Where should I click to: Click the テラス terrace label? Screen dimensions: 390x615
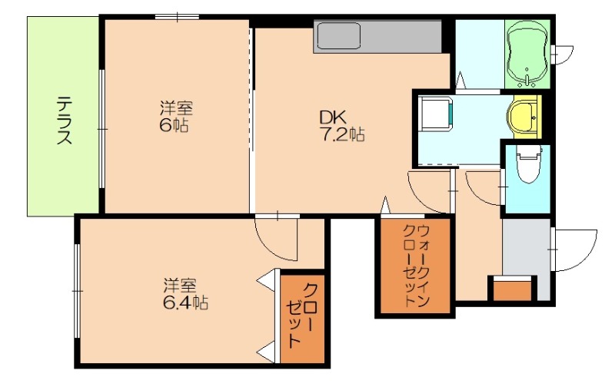(x=65, y=120)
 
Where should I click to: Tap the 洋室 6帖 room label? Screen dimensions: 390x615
(x=176, y=117)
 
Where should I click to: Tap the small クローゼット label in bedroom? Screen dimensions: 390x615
(x=302, y=316)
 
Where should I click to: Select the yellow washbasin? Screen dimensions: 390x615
(x=524, y=117)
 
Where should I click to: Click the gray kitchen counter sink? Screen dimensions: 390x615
(x=338, y=37)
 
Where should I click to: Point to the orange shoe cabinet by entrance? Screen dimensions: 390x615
(x=512, y=289)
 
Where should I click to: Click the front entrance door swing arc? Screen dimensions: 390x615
(x=577, y=250)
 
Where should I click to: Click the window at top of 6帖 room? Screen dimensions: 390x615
(x=176, y=16)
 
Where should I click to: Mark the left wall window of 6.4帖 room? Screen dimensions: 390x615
(x=76, y=290)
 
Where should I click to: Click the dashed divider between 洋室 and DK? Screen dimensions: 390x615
(x=251, y=115)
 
